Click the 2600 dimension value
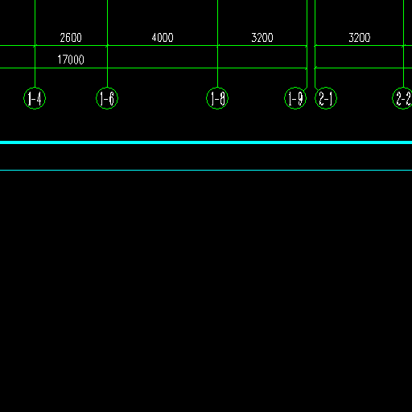point(71,38)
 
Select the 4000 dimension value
point(163,38)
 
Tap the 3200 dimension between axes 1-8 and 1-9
point(262,38)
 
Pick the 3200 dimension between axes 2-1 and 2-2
point(360,38)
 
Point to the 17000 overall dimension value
point(71,60)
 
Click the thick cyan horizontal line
point(206,142)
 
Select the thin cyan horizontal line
point(206,170)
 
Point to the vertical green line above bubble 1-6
point(107,43)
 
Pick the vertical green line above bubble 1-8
point(217,43)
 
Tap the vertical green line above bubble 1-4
point(35,43)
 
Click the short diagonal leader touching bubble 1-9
point(306,89)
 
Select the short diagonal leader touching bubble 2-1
point(316,89)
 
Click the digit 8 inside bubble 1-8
point(222,98)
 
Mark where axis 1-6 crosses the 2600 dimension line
point(107,46)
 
